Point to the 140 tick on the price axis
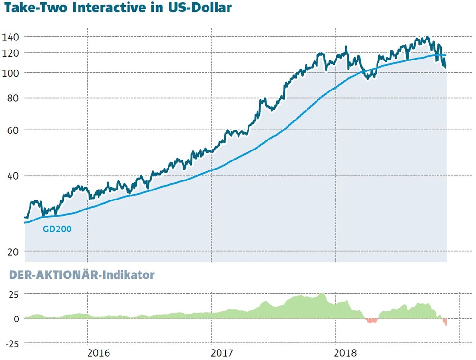tap(10, 37)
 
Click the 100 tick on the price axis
tap(10, 73)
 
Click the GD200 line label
tap(57, 229)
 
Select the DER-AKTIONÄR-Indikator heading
tap(79, 275)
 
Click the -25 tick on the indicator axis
tap(11, 343)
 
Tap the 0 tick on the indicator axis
tap(16, 319)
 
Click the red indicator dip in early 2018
tap(371, 320)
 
